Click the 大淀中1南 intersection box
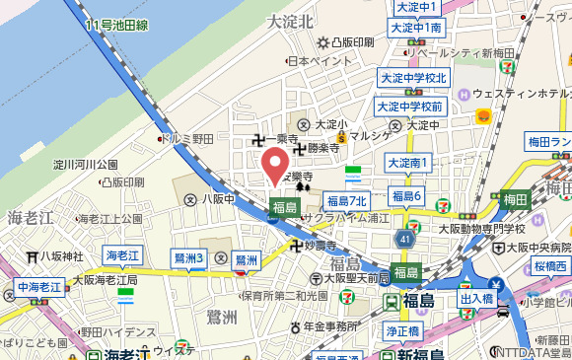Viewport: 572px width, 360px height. pos(418,28)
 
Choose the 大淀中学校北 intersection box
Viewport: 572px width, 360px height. pos(413,78)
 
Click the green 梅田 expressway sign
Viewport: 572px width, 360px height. pos(515,199)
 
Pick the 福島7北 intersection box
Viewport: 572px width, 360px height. pos(346,201)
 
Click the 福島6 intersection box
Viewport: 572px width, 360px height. pos(407,197)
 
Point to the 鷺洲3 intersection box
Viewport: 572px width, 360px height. pos(187,258)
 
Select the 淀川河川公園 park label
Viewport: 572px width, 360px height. pos(86,164)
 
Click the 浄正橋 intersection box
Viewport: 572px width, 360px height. pos(403,331)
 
